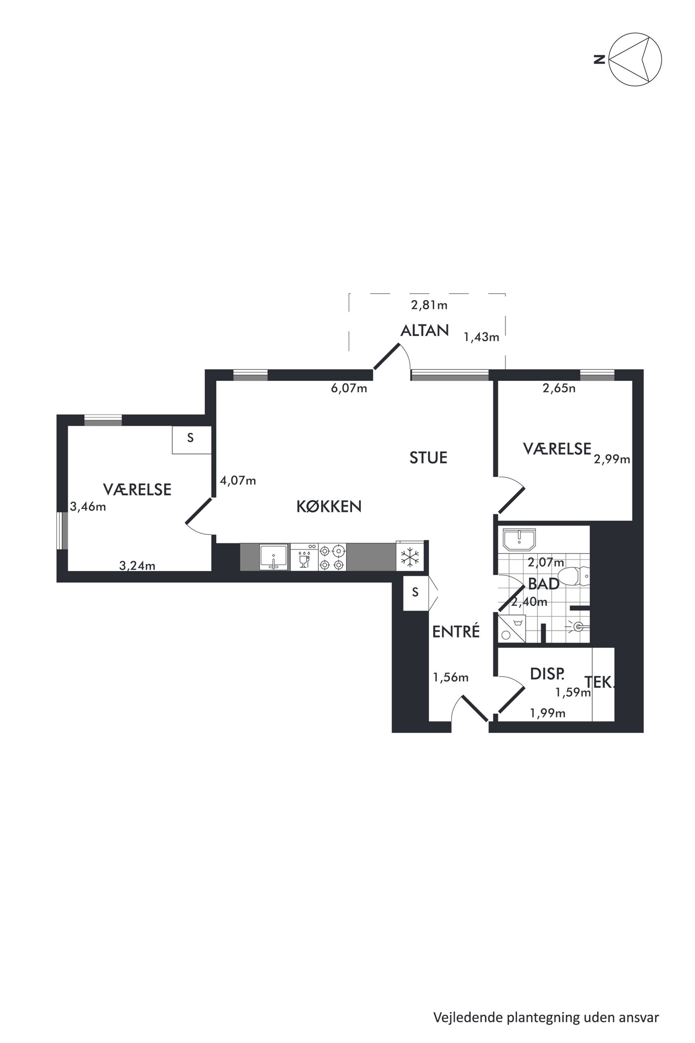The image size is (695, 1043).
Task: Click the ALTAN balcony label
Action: [424, 331]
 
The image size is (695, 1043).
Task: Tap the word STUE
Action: [428, 458]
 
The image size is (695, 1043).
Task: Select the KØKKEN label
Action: [329, 506]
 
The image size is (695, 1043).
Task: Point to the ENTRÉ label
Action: [456, 631]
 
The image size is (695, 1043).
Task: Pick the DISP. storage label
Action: [548, 674]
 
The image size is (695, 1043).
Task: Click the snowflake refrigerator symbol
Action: [410, 557]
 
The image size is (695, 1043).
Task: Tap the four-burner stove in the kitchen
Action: [332, 557]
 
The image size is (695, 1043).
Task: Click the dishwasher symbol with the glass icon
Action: [304, 557]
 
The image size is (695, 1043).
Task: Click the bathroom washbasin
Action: [519, 539]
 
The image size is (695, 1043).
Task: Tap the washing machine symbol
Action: [512, 628]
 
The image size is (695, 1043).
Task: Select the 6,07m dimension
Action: [349, 388]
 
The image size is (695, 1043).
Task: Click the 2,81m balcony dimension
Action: [429, 305]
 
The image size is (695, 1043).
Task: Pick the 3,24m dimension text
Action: [137, 566]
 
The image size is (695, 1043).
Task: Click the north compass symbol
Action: [635, 59]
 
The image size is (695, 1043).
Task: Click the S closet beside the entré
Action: [415, 592]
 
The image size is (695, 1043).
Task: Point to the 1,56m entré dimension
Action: [450, 677]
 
